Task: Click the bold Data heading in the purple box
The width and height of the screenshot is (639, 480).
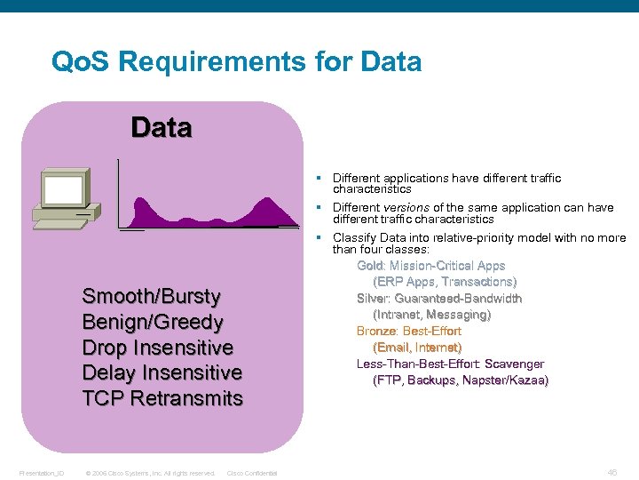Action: [161, 128]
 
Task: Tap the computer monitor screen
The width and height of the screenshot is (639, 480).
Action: [64, 189]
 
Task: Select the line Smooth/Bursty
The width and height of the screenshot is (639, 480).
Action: [151, 296]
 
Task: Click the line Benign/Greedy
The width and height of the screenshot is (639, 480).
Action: [152, 322]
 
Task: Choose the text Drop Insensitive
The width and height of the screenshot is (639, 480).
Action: [157, 348]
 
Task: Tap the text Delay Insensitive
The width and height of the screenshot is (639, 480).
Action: [162, 372]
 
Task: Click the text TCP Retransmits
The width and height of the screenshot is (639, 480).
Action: [162, 398]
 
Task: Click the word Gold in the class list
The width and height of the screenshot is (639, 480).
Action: [370, 266]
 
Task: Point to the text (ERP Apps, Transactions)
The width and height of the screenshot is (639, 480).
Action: [445, 282]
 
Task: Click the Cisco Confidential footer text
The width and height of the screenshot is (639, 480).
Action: [252, 473]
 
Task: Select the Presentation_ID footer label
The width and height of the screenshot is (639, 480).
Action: [41, 473]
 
